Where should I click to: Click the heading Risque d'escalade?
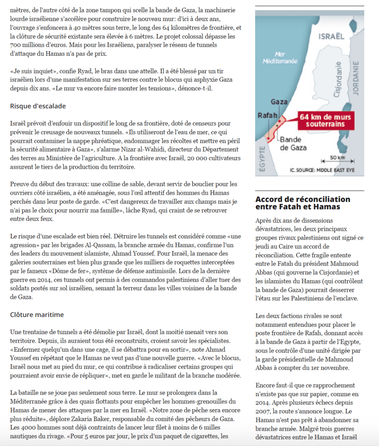click(38, 106)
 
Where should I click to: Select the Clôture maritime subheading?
click(37, 315)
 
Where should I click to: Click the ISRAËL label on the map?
click(331, 36)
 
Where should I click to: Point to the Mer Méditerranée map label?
click(280, 58)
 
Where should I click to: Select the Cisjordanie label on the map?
click(338, 80)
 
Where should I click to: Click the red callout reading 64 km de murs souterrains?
click(325, 120)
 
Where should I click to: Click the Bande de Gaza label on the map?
click(293, 144)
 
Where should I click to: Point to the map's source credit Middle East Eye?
click(322, 170)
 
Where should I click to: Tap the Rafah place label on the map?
click(267, 116)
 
